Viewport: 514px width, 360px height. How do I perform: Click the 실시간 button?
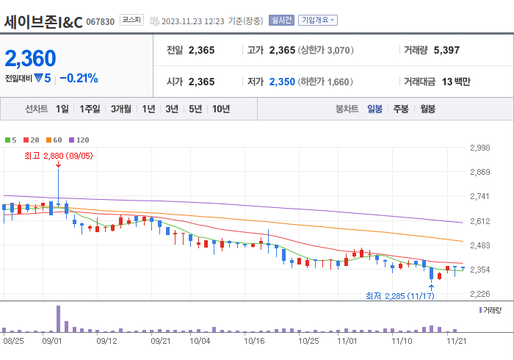(281, 21)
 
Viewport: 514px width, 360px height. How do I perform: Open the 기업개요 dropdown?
(319, 21)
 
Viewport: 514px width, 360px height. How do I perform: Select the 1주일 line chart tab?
(90, 109)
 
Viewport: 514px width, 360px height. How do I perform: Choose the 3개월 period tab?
(121, 109)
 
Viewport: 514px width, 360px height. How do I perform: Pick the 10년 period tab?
(220, 109)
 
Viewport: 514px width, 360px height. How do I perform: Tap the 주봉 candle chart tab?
(401, 109)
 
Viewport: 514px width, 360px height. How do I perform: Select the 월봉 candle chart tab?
(427, 109)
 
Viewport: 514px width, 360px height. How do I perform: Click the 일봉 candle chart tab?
(374, 109)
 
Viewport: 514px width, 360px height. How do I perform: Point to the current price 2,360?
(31, 58)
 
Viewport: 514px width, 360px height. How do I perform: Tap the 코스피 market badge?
(132, 21)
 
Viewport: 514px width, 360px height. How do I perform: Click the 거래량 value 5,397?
(446, 50)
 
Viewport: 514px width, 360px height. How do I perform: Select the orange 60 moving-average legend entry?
(56, 140)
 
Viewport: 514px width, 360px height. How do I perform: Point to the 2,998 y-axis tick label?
(479, 148)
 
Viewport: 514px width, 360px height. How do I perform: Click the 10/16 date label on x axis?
(254, 341)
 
